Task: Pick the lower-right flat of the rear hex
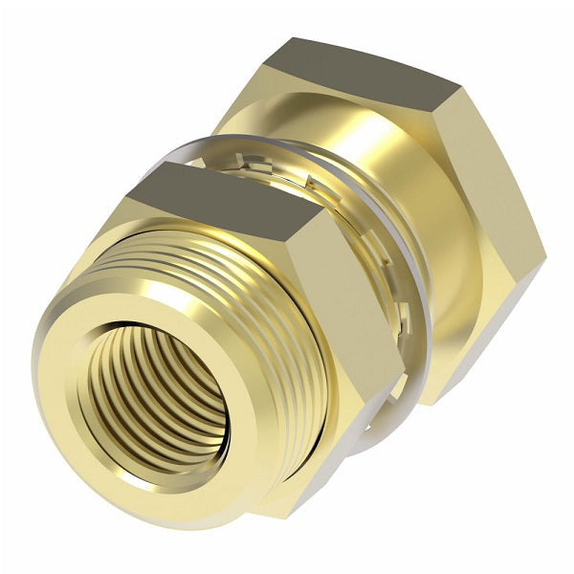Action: coord(488,306)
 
